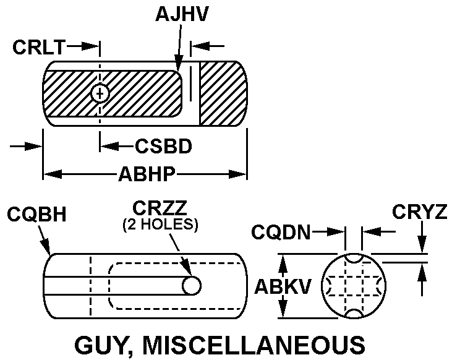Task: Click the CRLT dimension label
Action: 39,46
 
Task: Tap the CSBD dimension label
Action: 163,147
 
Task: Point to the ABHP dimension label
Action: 145,175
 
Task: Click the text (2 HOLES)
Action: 160,225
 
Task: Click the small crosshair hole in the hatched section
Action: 100,93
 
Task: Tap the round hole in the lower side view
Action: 193,285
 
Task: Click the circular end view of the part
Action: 354,286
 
